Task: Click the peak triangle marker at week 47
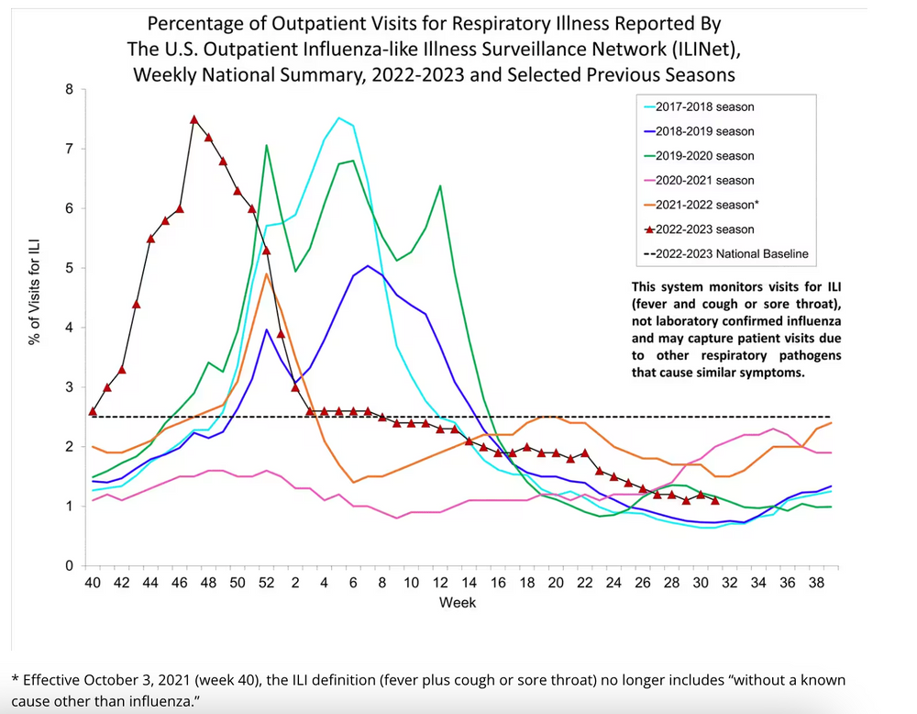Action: (x=194, y=119)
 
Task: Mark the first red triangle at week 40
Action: (x=93, y=411)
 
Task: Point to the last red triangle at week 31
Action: (x=715, y=500)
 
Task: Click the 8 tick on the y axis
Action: (x=69, y=90)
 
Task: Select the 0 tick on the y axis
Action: (x=69, y=566)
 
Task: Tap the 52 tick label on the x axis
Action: (x=267, y=583)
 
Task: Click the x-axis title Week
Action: (x=457, y=603)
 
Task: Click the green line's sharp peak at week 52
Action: (x=267, y=145)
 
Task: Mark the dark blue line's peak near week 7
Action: (x=368, y=266)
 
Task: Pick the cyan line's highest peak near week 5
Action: (x=339, y=117)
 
